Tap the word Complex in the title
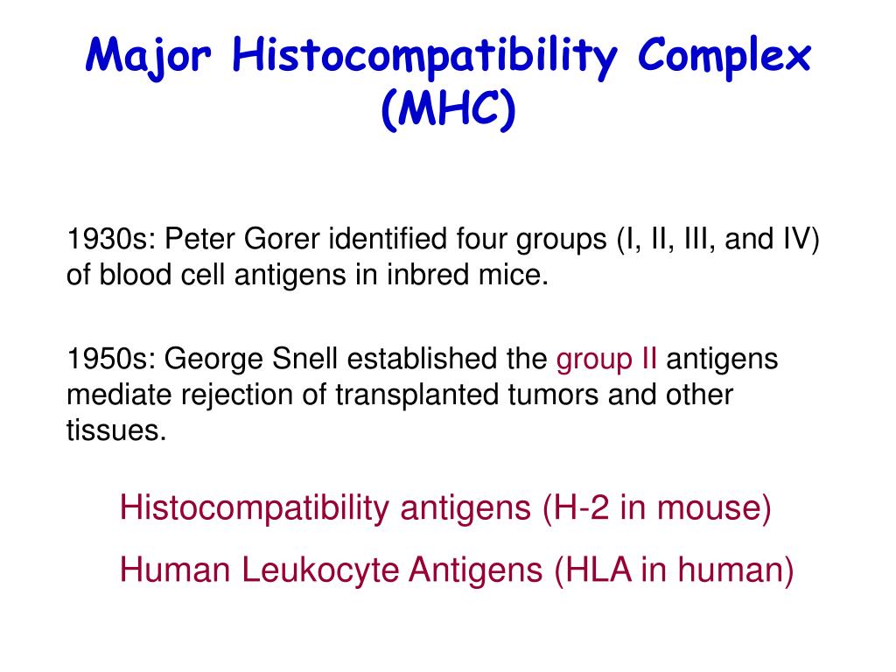coord(724,59)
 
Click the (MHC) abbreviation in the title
coord(448,112)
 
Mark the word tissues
coord(116,432)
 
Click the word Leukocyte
coord(323,570)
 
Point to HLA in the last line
coord(602,570)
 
